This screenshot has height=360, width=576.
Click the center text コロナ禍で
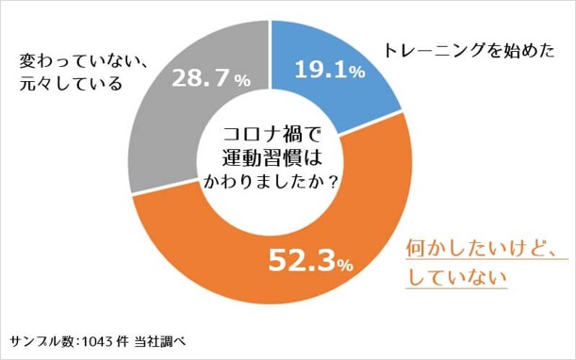coord(271,136)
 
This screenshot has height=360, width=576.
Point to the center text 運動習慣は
coord(271,156)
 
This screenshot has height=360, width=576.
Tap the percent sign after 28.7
coord(243,83)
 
